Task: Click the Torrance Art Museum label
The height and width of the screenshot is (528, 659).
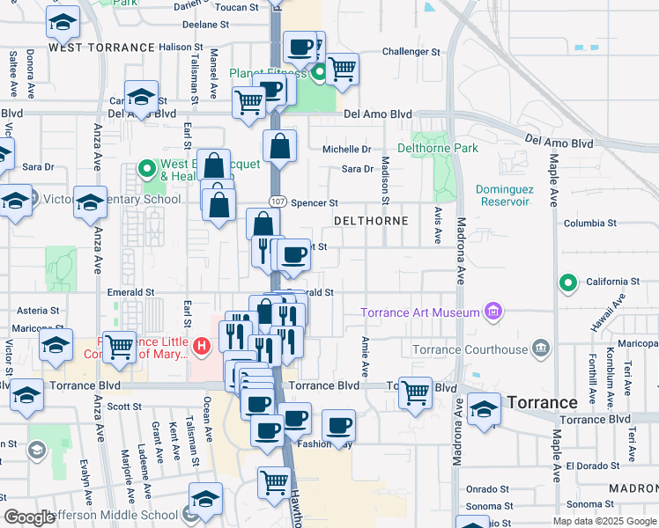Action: pyautogui.click(x=420, y=312)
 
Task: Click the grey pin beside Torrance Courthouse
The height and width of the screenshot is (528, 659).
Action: pyautogui.click(x=541, y=349)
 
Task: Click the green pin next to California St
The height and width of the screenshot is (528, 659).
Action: pyautogui.click(x=569, y=282)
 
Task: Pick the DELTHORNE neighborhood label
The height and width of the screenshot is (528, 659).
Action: pyautogui.click(x=371, y=221)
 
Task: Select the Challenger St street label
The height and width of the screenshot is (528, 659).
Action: pyautogui.click(x=411, y=52)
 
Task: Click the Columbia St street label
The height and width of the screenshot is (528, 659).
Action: pyautogui.click(x=589, y=224)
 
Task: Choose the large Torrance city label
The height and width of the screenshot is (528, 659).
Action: pyautogui.click(x=542, y=402)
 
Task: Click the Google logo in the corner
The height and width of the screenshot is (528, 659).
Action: pyautogui.click(x=30, y=517)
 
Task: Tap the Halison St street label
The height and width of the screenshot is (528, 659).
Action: pyautogui.click(x=181, y=47)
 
